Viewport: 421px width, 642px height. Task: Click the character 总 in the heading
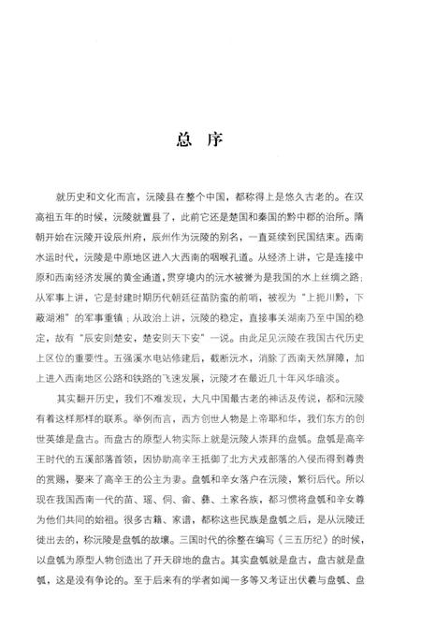183,141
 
